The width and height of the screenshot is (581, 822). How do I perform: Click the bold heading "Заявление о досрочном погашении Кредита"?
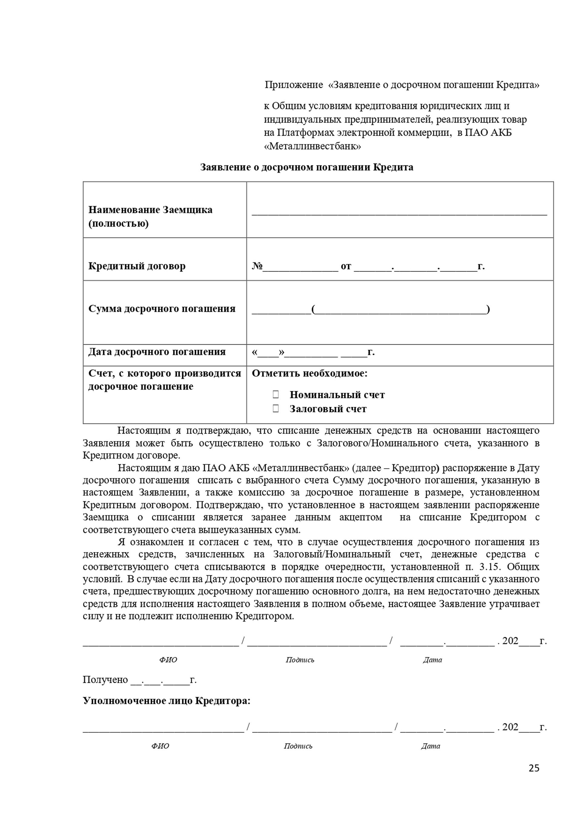click(306, 167)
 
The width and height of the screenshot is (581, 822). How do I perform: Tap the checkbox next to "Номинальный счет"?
click(275, 394)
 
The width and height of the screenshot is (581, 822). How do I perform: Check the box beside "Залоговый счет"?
click(275, 408)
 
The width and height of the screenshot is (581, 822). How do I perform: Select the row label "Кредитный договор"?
click(137, 266)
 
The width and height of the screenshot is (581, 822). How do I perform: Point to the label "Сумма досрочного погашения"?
click(162, 309)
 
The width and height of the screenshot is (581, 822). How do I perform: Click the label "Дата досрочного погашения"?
click(157, 352)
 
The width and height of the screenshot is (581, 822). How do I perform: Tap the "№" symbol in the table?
click(257, 266)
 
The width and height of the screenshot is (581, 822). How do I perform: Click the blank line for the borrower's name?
click(399, 213)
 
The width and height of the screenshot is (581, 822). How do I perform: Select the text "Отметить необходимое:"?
click(310, 373)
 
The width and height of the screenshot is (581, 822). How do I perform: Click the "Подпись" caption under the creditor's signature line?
click(298, 746)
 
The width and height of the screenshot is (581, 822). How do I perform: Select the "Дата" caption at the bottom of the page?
click(430, 746)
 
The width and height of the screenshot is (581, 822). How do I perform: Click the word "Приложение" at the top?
click(294, 85)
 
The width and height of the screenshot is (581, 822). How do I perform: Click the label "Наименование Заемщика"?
click(150, 210)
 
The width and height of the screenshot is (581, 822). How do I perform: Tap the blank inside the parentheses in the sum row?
click(400, 309)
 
